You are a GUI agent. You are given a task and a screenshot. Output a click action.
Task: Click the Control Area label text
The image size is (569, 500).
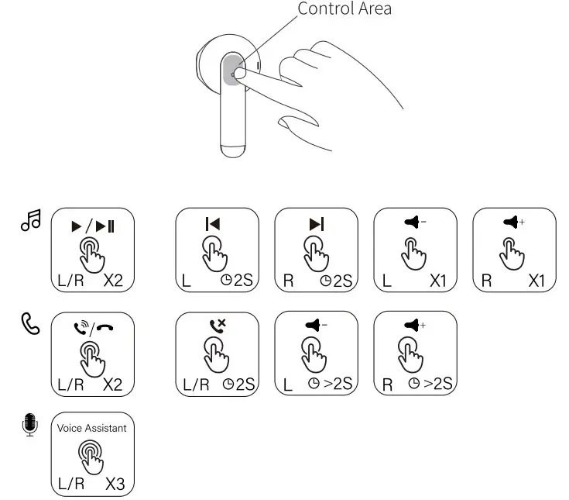344,9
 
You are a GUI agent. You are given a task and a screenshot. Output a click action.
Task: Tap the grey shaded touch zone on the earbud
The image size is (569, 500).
231,72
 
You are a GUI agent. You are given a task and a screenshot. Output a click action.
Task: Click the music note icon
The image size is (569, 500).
29,222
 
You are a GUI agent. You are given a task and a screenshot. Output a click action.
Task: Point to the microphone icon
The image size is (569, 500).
29,424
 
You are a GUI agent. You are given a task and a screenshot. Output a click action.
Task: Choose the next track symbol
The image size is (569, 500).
316,224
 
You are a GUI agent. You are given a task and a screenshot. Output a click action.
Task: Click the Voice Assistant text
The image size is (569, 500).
92,428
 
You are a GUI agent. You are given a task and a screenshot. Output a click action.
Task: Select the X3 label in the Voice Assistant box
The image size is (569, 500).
115,484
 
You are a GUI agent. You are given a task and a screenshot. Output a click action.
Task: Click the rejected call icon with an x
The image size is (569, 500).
218,326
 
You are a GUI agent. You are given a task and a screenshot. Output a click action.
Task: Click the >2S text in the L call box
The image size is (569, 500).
338,384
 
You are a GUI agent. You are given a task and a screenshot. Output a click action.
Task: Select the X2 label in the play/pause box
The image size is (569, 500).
114,280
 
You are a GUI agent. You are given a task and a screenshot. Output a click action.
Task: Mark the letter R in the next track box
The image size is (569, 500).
288,280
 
